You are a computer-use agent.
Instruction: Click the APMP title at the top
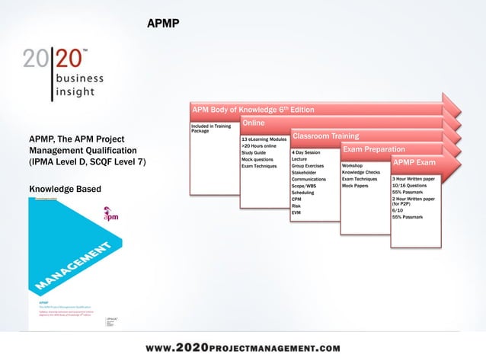pyautogui.click(x=163, y=24)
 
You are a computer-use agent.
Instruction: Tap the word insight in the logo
pyautogui.click(x=75, y=92)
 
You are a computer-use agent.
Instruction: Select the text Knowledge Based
pyautogui.click(x=64, y=188)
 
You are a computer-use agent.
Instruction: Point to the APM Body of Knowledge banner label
pyautogui.click(x=252, y=110)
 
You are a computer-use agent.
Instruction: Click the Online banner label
pyautogui.click(x=254, y=123)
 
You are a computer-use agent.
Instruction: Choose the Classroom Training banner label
pyautogui.click(x=326, y=136)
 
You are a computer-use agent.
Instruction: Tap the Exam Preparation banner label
pyautogui.click(x=374, y=149)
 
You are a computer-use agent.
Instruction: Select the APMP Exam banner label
pyautogui.click(x=414, y=162)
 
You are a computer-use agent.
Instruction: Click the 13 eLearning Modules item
pyautogui.click(x=264, y=140)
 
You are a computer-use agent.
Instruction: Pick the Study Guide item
pyautogui.click(x=254, y=153)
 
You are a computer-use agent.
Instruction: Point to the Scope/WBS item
pyautogui.click(x=304, y=186)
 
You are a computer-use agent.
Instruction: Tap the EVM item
pyautogui.click(x=296, y=212)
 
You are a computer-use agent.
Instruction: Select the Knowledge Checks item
pyautogui.click(x=361, y=172)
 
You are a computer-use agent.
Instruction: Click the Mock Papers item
pyautogui.click(x=356, y=186)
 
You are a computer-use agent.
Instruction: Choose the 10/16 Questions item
pyautogui.click(x=409, y=186)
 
